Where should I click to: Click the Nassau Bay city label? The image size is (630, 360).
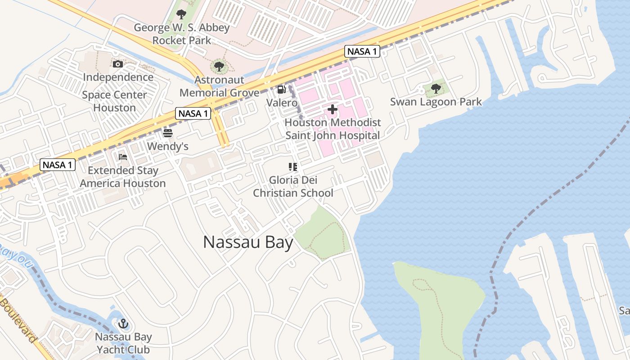point(248,242)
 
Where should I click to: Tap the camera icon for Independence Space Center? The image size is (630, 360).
point(118,64)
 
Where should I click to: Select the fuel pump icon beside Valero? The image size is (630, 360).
point(282,90)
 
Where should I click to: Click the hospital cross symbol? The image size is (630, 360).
point(333,109)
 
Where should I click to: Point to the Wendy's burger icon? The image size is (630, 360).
point(168,133)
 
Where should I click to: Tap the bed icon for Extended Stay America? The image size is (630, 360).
point(123,157)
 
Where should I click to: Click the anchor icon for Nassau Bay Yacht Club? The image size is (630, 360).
point(123,324)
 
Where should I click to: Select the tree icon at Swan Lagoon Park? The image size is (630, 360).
point(436,89)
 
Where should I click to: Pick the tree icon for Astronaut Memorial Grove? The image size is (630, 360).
point(219,67)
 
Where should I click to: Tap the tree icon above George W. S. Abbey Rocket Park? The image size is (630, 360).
point(181,14)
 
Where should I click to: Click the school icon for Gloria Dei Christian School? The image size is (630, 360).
point(293,167)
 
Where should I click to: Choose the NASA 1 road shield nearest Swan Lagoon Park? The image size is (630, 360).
point(362,51)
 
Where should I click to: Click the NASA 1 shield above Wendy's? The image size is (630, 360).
point(193,113)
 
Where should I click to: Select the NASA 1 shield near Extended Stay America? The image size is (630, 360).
point(57,165)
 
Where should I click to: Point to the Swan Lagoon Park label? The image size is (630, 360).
point(436,102)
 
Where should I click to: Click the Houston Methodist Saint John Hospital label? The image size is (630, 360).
point(333,129)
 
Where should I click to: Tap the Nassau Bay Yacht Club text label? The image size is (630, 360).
point(123,343)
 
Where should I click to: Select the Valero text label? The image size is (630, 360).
point(282,103)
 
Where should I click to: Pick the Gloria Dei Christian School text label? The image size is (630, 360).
point(293,187)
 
